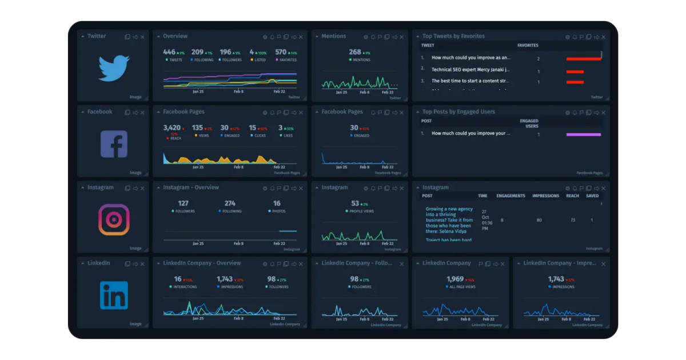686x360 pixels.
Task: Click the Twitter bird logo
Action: tap(114, 68)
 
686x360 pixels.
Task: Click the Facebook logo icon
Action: tap(114, 144)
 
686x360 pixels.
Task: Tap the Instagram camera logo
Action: tap(114, 219)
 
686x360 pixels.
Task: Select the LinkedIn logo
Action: tap(114, 295)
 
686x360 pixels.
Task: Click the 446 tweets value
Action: tap(169, 52)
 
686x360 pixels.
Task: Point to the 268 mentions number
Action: tap(355, 52)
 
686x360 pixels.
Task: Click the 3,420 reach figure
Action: tap(171, 128)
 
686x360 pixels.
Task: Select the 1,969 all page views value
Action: tap(455, 279)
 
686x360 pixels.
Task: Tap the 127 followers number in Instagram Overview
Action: tap(183, 203)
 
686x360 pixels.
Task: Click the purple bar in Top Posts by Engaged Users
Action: tap(583, 134)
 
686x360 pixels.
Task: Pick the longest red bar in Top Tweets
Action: tap(583, 58)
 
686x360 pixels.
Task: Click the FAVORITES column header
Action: tap(528, 45)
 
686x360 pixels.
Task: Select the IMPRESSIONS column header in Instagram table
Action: tap(545, 195)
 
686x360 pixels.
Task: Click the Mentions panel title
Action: tap(334, 36)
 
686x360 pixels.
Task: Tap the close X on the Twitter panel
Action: tap(142, 37)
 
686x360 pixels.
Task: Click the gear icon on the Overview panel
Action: tap(265, 37)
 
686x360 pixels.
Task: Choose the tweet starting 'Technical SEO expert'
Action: tap(470, 69)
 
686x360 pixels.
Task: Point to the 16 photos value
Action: tap(277, 203)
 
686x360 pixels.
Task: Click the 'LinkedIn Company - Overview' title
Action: tap(202, 263)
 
